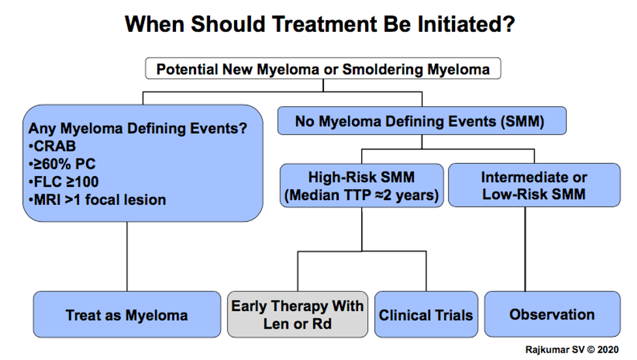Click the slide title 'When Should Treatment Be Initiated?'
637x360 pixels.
coord(319,24)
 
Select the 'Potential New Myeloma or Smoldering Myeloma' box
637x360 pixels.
coord(323,68)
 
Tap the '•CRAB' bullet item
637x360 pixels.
coord(52,146)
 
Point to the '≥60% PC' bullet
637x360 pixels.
coord(62,164)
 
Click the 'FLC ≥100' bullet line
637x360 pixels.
coord(63,181)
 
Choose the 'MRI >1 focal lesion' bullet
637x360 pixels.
coord(97,200)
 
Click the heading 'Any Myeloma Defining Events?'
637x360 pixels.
coord(138,128)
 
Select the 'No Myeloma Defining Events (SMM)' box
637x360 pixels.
coord(422,121)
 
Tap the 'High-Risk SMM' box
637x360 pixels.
coord(362,186)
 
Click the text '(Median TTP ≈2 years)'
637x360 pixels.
coord(362,195)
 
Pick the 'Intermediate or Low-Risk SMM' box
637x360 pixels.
coord(534,185)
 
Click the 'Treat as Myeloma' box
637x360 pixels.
coord(127,314)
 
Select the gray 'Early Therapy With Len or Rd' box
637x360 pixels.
coord(297,314)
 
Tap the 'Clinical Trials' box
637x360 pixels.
coord(426,314)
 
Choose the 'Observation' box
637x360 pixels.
coord(552,314)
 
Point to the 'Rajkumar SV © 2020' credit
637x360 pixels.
coord(572,350)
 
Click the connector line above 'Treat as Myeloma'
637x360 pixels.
coord(127,256)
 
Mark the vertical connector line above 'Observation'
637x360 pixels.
coord(525,249)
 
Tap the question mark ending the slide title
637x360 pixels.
coord(509,24)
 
